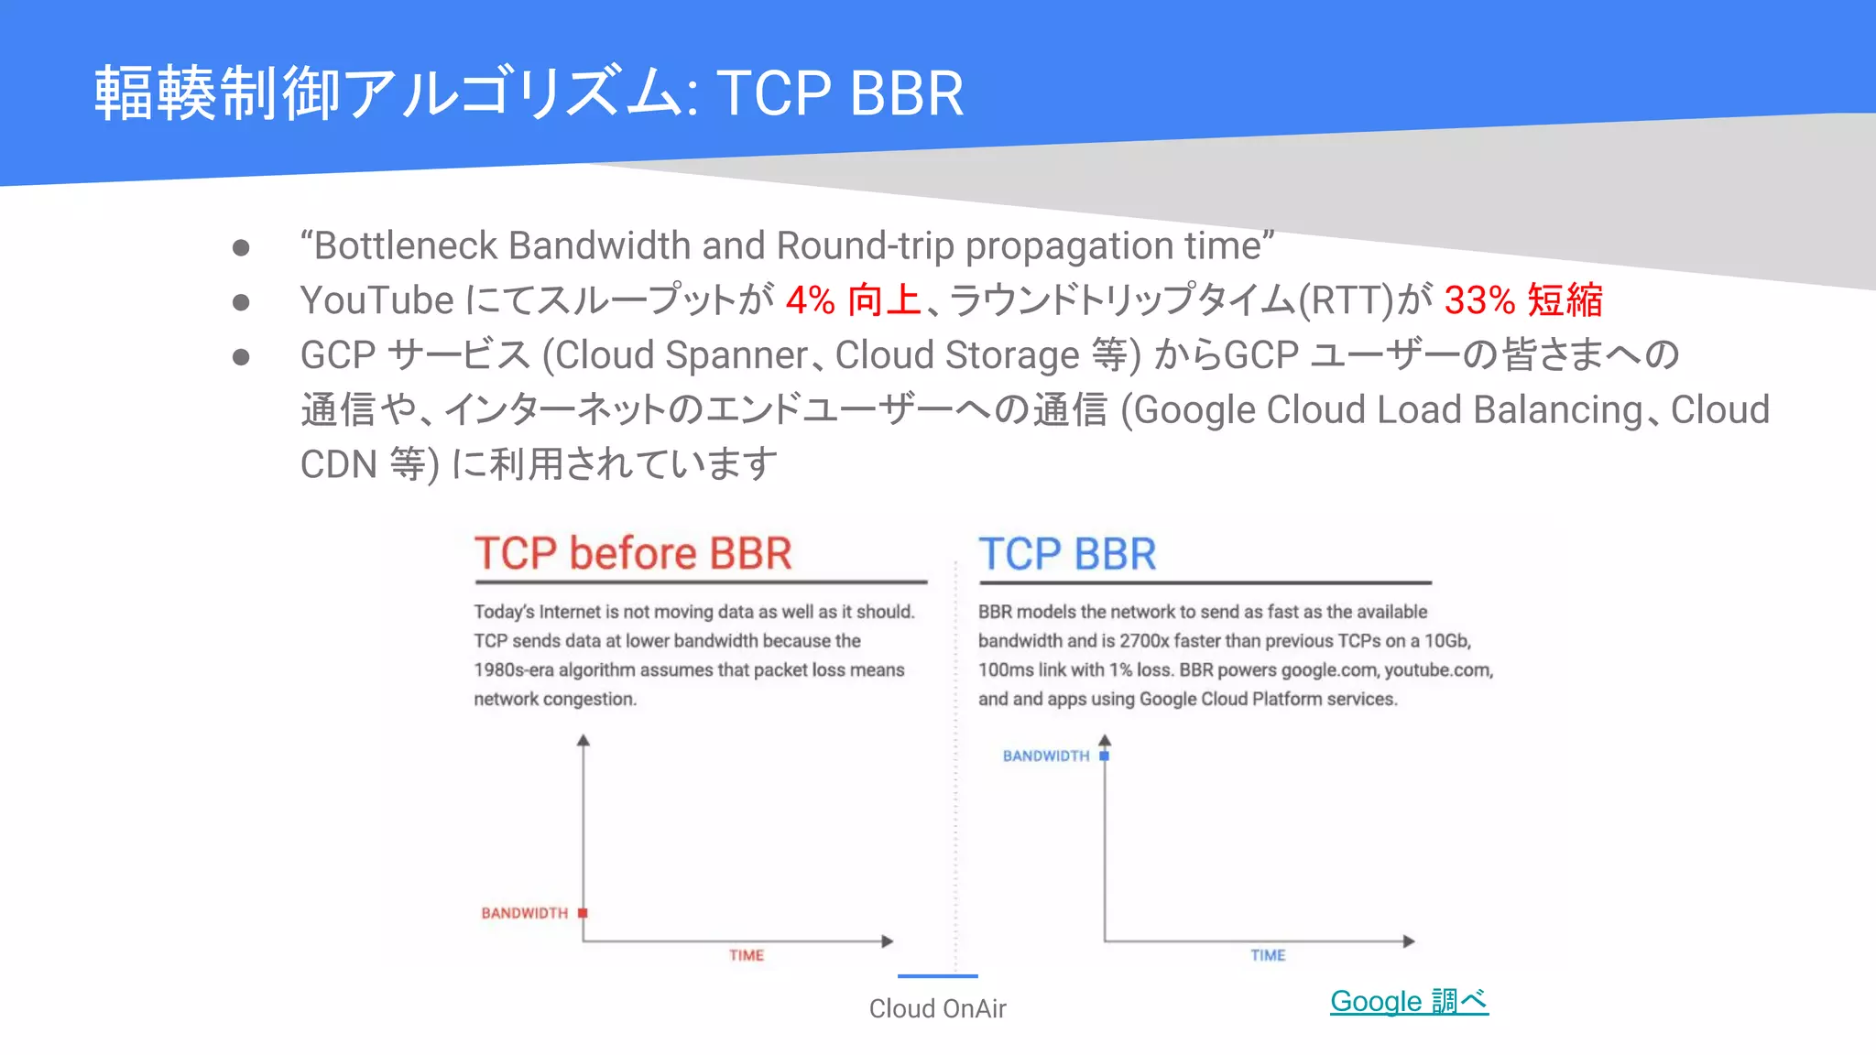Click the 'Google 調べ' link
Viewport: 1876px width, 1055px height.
tap(1409, 1001)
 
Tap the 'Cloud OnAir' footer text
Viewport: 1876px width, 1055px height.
tap(937, 1008)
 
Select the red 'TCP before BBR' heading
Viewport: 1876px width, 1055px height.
tap(633, 554)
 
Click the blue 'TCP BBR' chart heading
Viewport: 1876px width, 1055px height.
tap(1067, 555)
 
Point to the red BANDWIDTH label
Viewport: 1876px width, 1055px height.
tap(524, 913)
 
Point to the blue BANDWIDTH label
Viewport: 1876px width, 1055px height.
tap(1045, 756)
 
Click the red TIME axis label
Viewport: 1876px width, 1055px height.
tap(747, 955)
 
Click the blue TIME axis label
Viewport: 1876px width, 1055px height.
tap(1268, 955)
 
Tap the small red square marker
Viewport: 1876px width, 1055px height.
tap(583, 913)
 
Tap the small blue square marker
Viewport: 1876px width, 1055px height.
tap(1104, 756)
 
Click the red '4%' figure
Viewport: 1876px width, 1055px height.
tap(811, 300)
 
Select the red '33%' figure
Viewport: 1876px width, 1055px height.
tap(1479, 300)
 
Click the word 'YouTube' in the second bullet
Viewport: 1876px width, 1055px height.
tap(376, 300)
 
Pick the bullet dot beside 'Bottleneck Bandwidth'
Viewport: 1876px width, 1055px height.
tap(241, 247)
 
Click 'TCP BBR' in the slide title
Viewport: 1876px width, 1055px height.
tap(840, 93)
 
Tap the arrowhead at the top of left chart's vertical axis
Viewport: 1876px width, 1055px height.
tap(583, 740)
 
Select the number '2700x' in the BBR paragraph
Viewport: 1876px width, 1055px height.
tap(1145, 641)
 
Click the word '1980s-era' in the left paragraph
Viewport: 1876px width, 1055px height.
tap(514, 670)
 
